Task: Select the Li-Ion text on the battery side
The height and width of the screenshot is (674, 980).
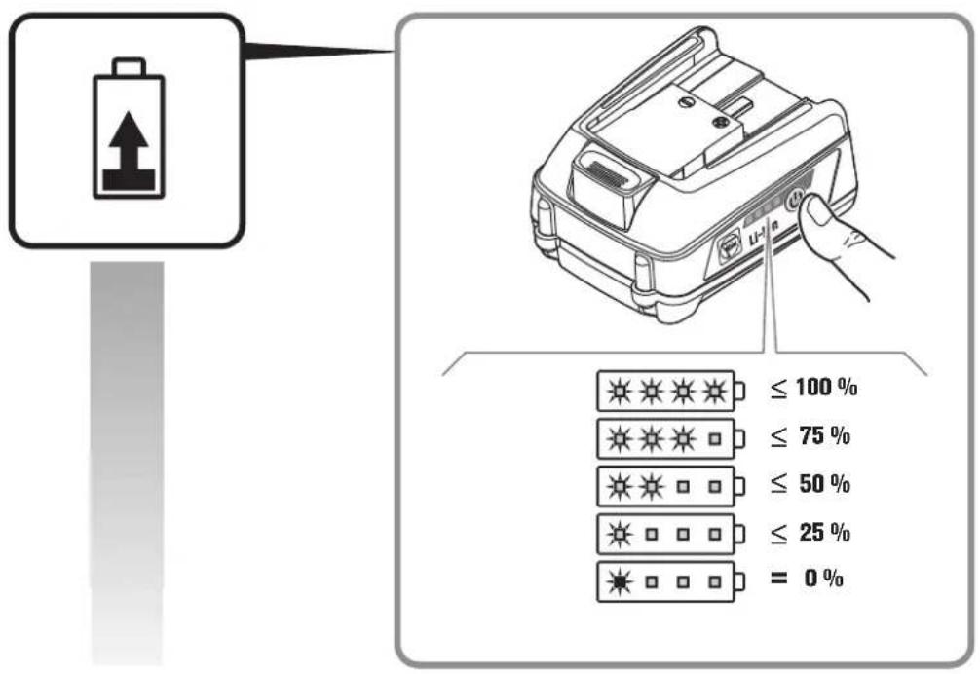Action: point(767,234)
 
